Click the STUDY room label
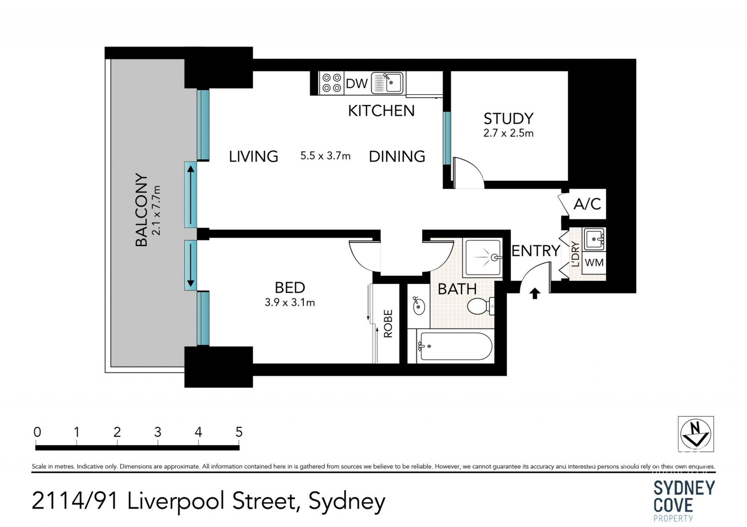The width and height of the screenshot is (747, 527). (x=508, y=118)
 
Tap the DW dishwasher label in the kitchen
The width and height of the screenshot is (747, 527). (x=357, y=83)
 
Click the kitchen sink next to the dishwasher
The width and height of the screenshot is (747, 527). (x=388, y=83)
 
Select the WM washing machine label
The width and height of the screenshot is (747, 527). (x=594, y=262)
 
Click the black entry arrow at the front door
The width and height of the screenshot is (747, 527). (x=535, y=293)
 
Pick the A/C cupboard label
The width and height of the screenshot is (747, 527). (x=587, y=204)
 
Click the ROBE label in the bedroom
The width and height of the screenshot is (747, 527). (x=388, y=323)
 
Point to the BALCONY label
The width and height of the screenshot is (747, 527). (x=142, y=210)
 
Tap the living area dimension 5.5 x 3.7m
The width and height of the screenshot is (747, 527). (x=325, y=156)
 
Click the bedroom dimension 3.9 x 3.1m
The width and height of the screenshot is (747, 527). (x=290, y=302)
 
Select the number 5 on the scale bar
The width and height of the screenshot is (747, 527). (x=239, y=432)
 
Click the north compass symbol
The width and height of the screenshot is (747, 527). (x=696, y=434)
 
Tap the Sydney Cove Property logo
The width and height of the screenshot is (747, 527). (x=684, y=501)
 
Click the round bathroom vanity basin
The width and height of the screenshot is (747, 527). (x=419, y=306)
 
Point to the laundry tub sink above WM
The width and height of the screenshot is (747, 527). (x=594, y=239)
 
